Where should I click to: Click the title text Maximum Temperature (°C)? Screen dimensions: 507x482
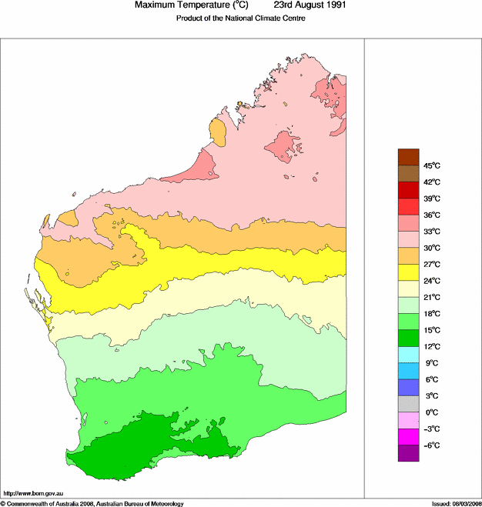[x=196, y=5]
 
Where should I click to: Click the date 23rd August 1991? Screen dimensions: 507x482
[x=310, y=5]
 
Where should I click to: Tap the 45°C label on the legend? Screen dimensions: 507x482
[x=431, y=165]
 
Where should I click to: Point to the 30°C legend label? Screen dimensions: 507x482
[x=431, y=248]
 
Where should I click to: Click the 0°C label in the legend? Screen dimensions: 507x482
[x=431, y=412]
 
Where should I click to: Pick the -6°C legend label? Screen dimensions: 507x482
[x=431, y=445]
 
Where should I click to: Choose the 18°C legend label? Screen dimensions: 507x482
[x=431, y=314]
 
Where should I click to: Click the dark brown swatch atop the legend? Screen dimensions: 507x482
[x=408, y=157]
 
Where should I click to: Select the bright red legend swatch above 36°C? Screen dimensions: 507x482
[x=408, y=206]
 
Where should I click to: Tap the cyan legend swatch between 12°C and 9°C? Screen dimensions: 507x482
[x=408, y=355]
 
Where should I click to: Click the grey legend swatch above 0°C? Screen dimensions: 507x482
[x=408, y=404]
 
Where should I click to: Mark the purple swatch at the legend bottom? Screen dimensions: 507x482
[x=408, y=454]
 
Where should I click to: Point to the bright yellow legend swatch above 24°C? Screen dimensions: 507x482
[x=408, y=272]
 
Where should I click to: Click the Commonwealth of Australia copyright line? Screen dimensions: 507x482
[x=92, y=503]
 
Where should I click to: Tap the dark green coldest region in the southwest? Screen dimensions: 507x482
[x=139, y=446]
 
